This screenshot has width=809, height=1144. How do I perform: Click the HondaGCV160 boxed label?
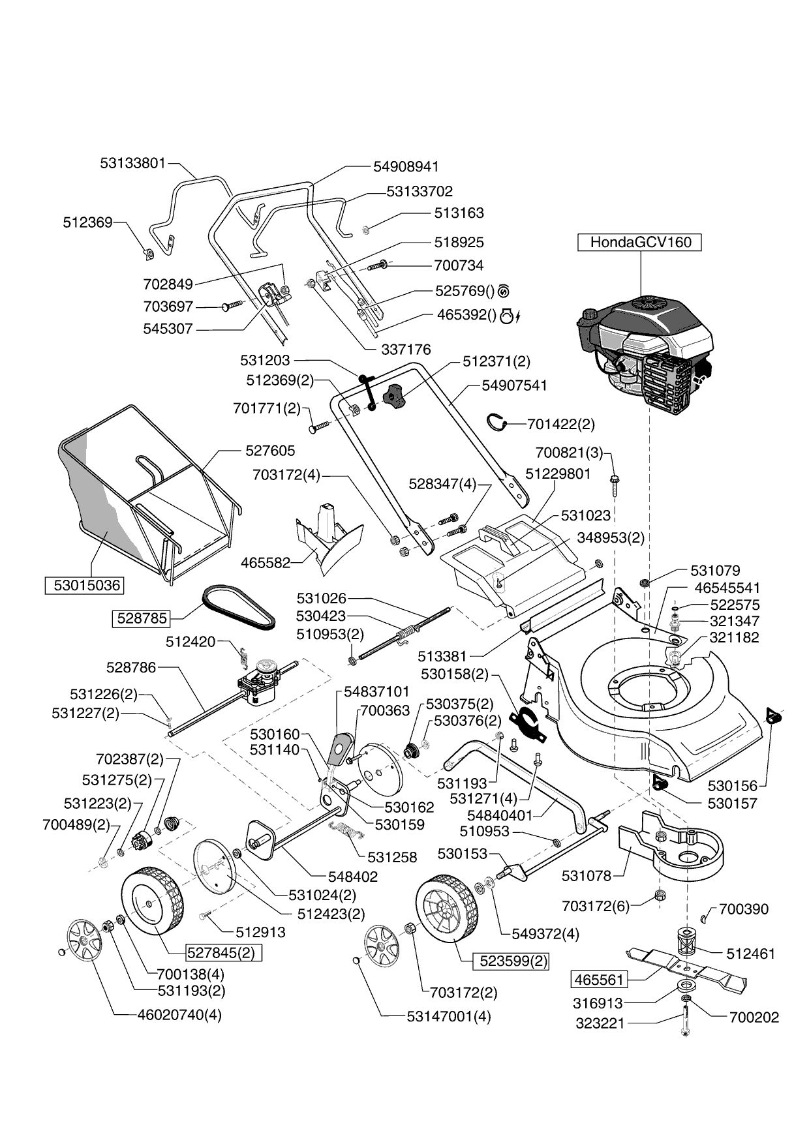(x=639, y=242)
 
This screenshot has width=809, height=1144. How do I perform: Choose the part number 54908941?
(x=406, y=167)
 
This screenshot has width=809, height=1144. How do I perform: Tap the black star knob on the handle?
(x=393, y=395)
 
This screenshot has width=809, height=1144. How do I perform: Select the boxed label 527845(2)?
(x=224, y=953)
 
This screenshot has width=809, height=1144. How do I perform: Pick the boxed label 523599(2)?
(x=513, y=961)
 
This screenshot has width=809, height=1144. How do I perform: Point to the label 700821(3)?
(x=569, y=453)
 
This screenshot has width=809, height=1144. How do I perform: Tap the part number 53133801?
(x=133, y=163)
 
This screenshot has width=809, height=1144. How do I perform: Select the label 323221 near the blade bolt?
(x=600, y=1024)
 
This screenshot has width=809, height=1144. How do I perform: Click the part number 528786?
(x=131, y=667)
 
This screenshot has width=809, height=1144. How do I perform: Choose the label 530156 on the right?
(x=732, y=787)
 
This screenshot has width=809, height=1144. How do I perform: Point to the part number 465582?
(x=266, y=562)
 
